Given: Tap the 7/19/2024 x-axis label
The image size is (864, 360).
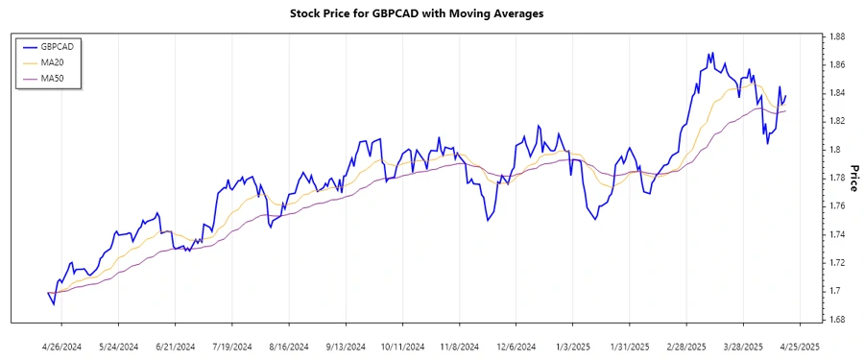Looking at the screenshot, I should point(230,346).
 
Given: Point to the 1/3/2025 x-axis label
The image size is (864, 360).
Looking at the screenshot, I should point(573,346).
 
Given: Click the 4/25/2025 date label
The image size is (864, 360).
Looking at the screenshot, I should point(799,346).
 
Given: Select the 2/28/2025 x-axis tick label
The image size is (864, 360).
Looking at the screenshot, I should point(686,346).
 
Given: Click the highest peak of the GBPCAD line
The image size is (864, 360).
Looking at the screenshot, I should point(711,53).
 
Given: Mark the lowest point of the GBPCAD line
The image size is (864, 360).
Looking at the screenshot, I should point(54,304).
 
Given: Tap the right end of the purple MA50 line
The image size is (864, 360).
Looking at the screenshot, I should point(786,111).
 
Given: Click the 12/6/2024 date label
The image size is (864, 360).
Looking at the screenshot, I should point(516,346).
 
